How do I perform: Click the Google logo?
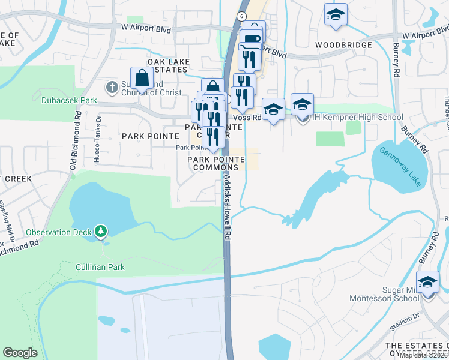[x=20, y=353]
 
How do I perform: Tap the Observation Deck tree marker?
[x=101, y=231]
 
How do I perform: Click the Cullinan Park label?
[x=100, y=267]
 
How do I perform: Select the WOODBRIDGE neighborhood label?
[x=343, y=45]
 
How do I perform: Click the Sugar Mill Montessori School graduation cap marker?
[x=427, y=282]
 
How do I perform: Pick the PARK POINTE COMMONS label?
[x=216, y=163]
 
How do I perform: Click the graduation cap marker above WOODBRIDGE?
[x=336, y=15]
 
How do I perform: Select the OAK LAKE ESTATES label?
[x=168, y=66]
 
